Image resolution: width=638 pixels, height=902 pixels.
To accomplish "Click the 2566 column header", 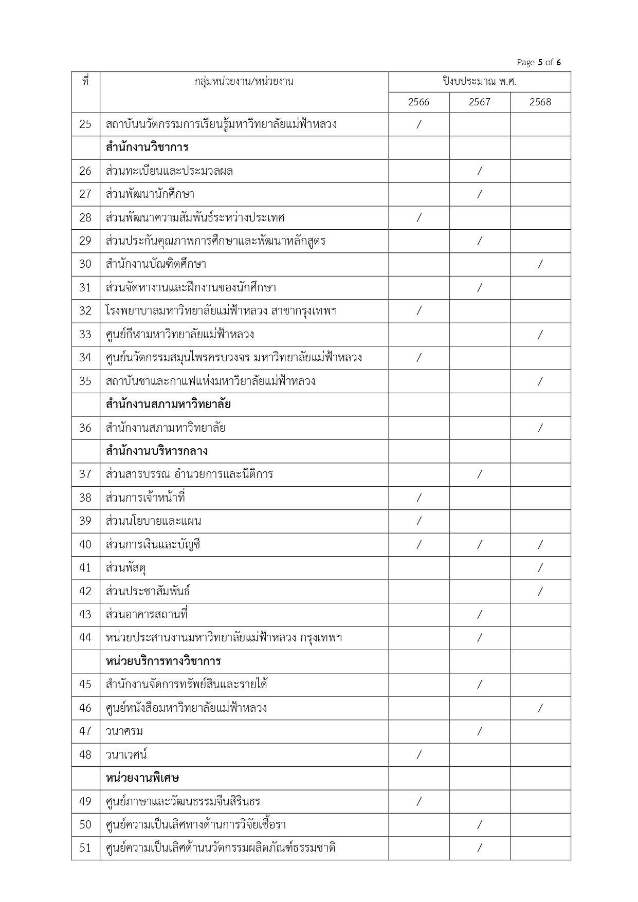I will click(x=418, y=102).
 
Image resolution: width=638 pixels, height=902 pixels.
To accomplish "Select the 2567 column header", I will click(x=479, y=102).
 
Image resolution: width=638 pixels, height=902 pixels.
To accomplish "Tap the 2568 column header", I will click(x=540, y=102).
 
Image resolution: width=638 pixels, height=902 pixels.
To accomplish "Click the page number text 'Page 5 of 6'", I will click(x=538, y=63).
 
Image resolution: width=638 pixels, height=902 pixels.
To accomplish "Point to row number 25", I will click(x=85, y=124).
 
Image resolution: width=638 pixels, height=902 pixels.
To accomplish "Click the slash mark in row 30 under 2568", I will click(x=540, y=264).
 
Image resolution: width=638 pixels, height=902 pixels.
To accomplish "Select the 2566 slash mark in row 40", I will click(x=418, y=544).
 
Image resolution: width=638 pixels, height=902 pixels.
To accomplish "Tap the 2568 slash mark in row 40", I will click(x=540, y=544).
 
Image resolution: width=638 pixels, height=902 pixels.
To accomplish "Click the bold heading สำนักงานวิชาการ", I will click(x=147, y=148).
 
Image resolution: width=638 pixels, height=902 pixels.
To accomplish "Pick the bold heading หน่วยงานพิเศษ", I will click(x=142, y=778).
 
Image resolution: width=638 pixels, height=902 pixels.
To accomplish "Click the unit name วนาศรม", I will click(x=124, y=731).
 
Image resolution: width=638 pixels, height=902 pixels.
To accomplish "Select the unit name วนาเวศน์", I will click(x=126, y=754).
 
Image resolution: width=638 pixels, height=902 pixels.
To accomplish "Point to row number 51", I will click(x=85, y=848).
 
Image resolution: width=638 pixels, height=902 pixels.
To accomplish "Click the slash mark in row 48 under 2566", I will click(x=418, y=754).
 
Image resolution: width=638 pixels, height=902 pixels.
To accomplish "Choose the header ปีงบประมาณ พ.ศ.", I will click(x=479, y=81).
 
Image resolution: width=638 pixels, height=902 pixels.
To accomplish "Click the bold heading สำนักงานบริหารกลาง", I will click(x=156, y=451).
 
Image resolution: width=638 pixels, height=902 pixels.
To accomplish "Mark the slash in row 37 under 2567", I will click(x=479, y=474).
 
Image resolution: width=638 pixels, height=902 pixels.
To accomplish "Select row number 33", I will click(x=85, y=334).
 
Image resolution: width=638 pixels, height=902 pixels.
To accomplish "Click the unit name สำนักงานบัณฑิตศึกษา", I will click(x=156, y=264).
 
